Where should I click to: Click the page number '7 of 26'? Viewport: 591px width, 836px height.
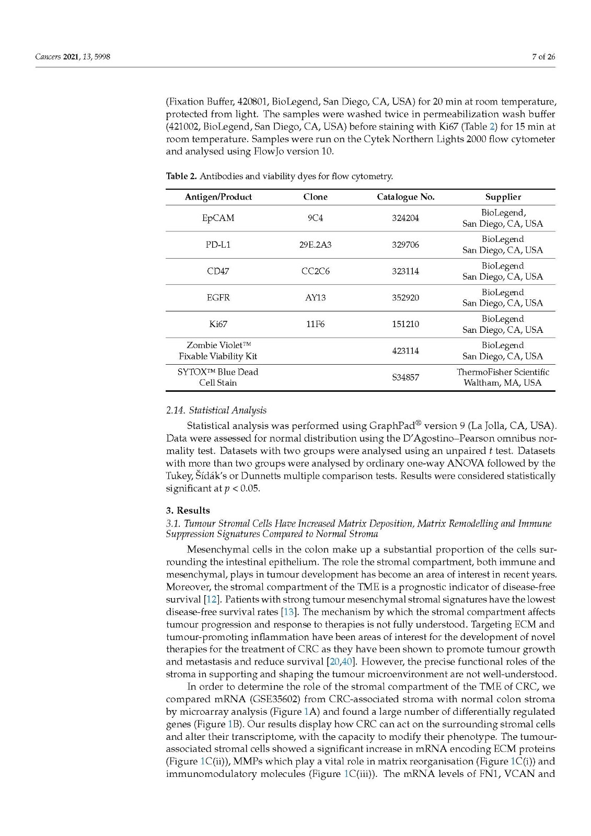(x=543, y=57)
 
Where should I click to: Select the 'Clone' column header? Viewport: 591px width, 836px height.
(x=315, y=197)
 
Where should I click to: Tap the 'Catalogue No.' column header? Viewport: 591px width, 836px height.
(x=405, y=197)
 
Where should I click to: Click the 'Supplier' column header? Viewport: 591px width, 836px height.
(x=503, y=197)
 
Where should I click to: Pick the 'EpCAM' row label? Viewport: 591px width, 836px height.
(x=218, y=218)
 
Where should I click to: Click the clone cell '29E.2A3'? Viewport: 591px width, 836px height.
(x=315, y=245)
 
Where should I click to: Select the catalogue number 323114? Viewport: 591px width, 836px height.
(x=405, y=271)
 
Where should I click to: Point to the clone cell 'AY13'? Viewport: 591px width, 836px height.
(x=315, y=297)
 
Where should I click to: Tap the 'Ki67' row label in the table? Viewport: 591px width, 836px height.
(x=218, y=324)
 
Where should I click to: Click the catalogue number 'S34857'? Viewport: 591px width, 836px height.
(x=405, y=377)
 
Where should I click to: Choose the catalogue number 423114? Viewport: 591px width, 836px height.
(x=405, y=351)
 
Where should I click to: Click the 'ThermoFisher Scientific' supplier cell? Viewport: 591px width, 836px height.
(x=503, y=372)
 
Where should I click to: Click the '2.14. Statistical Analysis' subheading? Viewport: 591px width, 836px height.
(x=216, y=410)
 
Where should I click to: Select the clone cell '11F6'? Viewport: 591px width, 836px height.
(x=315, y=324)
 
